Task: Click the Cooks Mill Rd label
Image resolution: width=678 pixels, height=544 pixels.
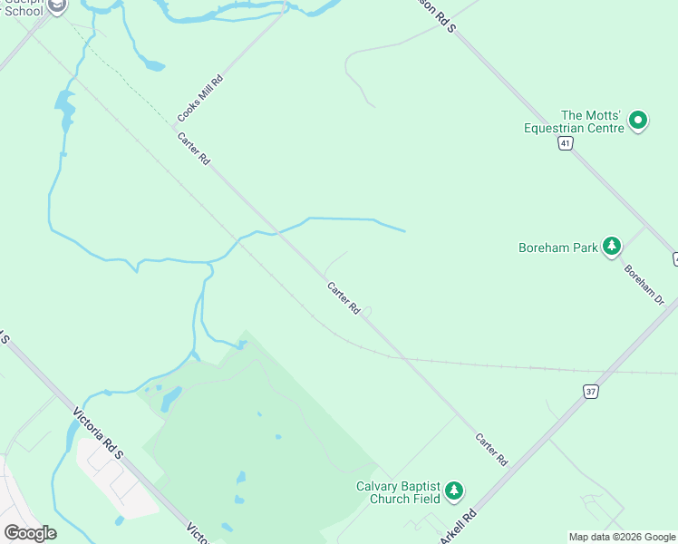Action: [x=200, y=99]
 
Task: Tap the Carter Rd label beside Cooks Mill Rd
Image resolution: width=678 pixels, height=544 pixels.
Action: [x=194, y=149]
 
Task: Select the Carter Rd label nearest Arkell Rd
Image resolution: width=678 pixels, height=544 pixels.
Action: [x=491, y=450]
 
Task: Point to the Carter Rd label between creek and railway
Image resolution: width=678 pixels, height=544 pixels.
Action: [x=344, y=297]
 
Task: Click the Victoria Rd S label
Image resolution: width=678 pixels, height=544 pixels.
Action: [x=98, y=437]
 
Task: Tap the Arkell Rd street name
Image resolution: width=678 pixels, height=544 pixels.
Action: [x=458, y=528]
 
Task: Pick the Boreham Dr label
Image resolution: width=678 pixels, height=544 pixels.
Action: [x=644, y=284]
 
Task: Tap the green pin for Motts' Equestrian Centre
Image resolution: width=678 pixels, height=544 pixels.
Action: [x=638, y=120]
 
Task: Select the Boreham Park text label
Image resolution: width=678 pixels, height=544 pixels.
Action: [x=557, y=248]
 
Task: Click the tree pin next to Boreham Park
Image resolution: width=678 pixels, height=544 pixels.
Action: [x=612, y=246]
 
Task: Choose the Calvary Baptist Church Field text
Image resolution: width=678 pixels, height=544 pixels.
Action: [x=398, y=492]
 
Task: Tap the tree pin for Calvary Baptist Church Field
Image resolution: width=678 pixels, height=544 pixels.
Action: [x=454, y=491]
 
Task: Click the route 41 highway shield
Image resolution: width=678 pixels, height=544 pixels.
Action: [x=565, y=144]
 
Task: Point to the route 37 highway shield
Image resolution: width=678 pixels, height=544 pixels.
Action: [x=591, y=392]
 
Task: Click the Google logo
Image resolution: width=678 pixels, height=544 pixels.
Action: [x=30, y=532]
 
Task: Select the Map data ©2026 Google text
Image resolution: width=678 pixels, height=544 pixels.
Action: [x=622, y=537]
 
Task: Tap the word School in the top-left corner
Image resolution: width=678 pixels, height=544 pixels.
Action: [x=24, y=11]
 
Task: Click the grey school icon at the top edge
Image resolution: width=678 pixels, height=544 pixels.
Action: [x=57, y=5]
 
